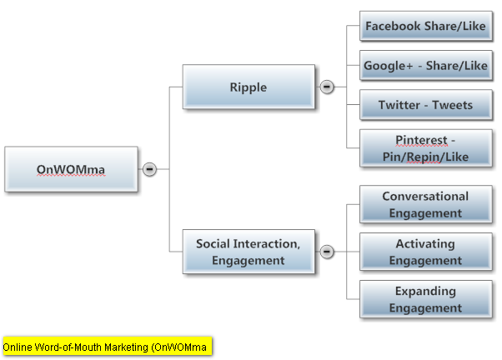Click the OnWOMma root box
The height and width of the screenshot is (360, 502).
71,169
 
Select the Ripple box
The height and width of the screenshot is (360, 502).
248,87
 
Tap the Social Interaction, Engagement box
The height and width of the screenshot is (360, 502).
248,252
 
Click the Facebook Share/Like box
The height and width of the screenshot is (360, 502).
426,26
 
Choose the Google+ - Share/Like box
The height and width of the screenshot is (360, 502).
426,65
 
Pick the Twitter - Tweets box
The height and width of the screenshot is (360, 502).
426,105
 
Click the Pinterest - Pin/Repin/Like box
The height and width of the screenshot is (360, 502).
426,148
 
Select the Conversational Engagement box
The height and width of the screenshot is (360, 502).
426,204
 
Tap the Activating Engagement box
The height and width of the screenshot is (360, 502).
426,252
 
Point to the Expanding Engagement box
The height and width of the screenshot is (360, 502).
426,299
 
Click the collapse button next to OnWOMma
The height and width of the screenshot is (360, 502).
149,169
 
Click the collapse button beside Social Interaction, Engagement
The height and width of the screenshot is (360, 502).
327,252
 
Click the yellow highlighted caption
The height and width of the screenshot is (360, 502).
108,346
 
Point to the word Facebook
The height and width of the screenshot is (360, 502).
393,26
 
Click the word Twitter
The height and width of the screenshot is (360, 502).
399,105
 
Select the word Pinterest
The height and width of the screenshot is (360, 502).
421,140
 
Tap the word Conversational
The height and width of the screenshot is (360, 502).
425,196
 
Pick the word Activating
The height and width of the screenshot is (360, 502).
425,244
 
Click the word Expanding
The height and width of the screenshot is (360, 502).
425,292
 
